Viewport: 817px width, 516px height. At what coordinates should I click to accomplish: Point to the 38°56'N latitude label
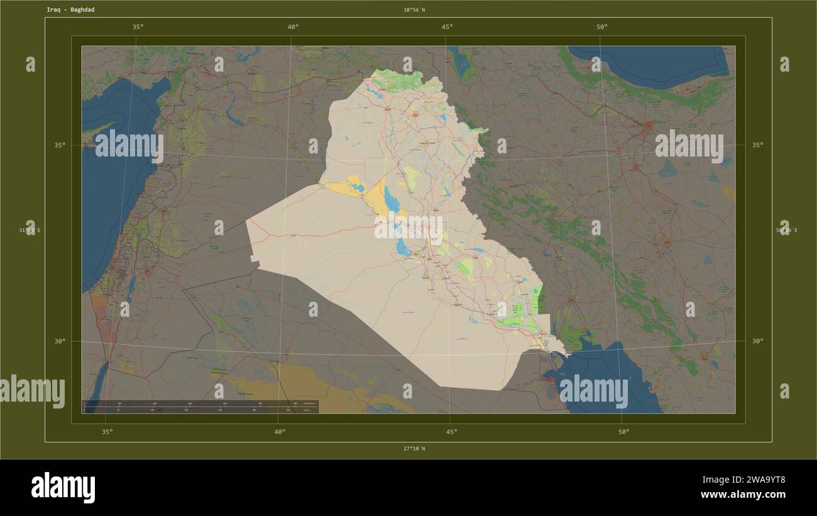tap(414, 10)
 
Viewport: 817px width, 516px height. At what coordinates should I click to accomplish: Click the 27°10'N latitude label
tap(414, 448)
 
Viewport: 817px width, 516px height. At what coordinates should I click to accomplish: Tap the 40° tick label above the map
tap(293, 27)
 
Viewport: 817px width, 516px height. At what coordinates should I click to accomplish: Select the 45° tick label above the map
tap(447, 27)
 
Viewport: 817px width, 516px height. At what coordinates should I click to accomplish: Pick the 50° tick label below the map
tap(623, 432)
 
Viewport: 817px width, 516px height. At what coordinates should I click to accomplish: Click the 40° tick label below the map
tap(280, 432)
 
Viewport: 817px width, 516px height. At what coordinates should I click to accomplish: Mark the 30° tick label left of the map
tap(59, 341)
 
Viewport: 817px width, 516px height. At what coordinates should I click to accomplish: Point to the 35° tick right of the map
tap(757, 145)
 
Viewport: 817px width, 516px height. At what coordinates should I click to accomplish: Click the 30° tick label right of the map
tap(757, 341)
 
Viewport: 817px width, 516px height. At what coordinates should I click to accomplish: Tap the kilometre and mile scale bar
tap(200, 407)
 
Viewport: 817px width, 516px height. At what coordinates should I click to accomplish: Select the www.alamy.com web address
tap(742, 495)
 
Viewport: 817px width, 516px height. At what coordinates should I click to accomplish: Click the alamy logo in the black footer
tap(63, 488)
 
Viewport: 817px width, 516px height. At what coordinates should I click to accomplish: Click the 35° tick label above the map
tap(138, 27)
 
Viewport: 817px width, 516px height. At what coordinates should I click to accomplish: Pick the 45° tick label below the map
tap(451, 432)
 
